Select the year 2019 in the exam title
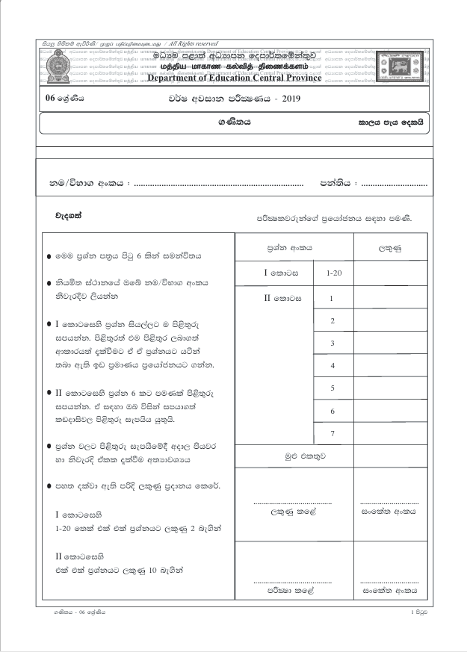click(x=288, y=99)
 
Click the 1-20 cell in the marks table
click(x=333, y=274)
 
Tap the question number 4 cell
click(x=332, y=365)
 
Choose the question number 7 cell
click(x=332, y=434)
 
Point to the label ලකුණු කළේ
click(x=293, y=514)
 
